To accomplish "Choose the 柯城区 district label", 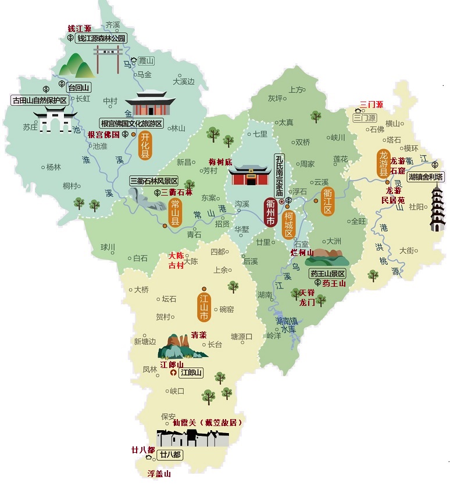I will [288, 223].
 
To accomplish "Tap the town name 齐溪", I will [112, 24].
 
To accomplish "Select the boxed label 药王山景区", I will [327, 273].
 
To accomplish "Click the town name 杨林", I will [53, 167].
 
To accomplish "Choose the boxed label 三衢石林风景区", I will [154, 181].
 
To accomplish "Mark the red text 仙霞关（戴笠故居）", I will [203, 423].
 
